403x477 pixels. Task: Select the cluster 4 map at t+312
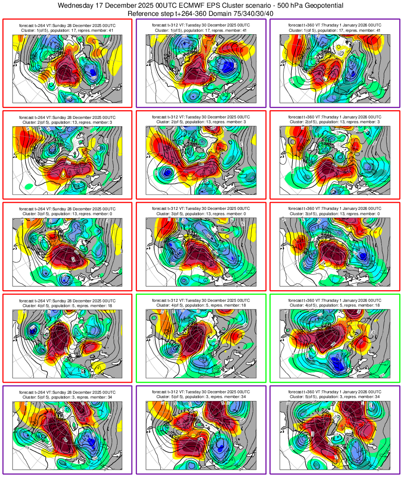[201, 344]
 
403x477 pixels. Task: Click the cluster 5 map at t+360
[334, 436]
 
